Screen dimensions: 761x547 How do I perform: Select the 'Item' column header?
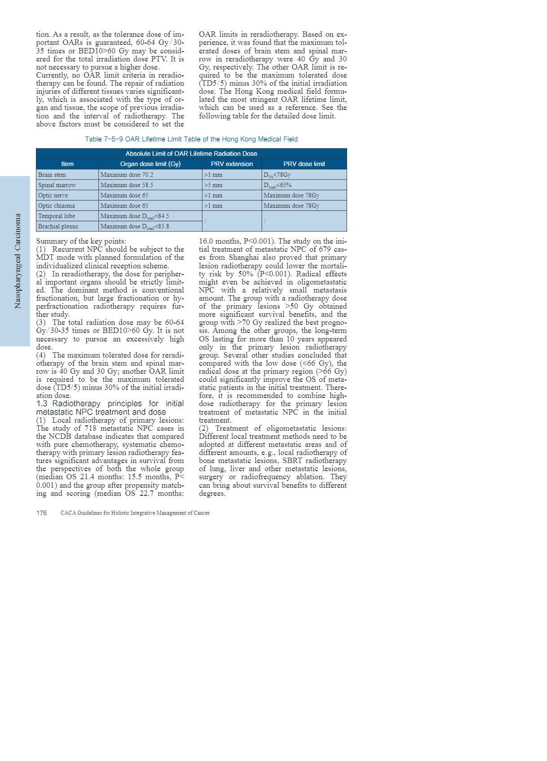click(67, 164)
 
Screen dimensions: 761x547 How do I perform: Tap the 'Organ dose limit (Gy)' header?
click(150, 164)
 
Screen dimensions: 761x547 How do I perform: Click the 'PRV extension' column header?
click(232, 164)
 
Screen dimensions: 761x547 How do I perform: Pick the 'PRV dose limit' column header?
click(304, 164)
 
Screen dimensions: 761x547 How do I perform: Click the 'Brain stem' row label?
click(52, 175)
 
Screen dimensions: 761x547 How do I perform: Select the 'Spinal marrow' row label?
click(57, 185)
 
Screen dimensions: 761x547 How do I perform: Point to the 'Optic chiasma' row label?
click(57, 206)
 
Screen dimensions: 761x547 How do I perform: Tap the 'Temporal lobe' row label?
click(57, 216)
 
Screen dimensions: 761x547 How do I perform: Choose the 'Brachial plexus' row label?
click(58, 226)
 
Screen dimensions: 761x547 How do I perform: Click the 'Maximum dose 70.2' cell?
click(127, 175)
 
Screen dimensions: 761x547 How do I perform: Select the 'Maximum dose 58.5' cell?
click(127, 185)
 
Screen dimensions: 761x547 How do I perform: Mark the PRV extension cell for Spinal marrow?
click(213, 185)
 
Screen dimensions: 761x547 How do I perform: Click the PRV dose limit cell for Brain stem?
click(277, 175)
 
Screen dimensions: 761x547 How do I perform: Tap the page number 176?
click(41, 513)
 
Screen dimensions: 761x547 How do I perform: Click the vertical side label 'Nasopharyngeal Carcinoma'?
click(18, 261)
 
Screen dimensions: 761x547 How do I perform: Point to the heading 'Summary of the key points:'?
click(81, 241)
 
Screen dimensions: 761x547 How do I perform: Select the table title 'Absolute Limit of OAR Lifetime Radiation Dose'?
click(191, 153)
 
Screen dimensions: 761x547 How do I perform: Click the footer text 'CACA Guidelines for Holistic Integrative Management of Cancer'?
click(135, 513)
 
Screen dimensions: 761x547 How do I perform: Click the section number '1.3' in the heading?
click(42, 404)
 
